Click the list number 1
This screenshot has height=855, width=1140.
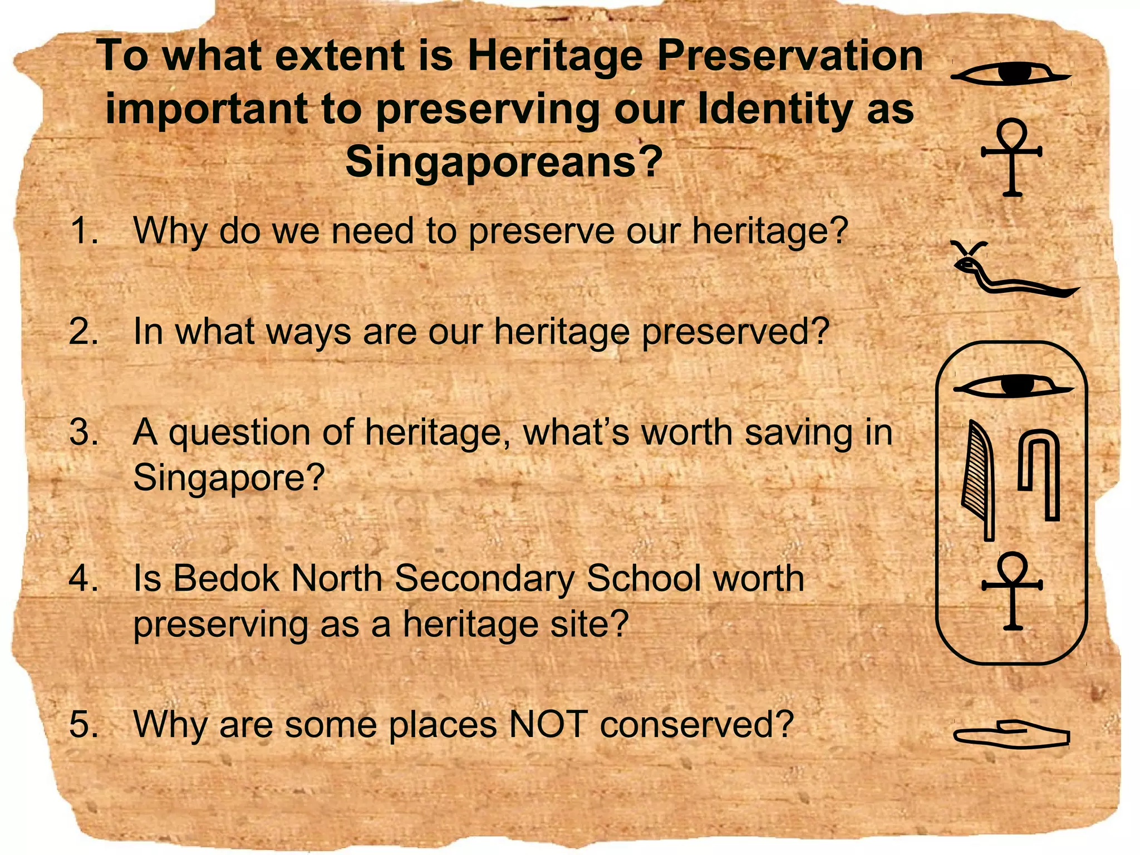click(84, 231)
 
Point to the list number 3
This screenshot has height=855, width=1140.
click(84, 433)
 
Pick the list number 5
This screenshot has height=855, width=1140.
click(84, 724)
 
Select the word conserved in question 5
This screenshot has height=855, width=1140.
click(696, 724)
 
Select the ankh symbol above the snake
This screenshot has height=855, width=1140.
click(1012, 156)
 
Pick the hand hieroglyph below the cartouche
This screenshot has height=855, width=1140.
click(1011, 735)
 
